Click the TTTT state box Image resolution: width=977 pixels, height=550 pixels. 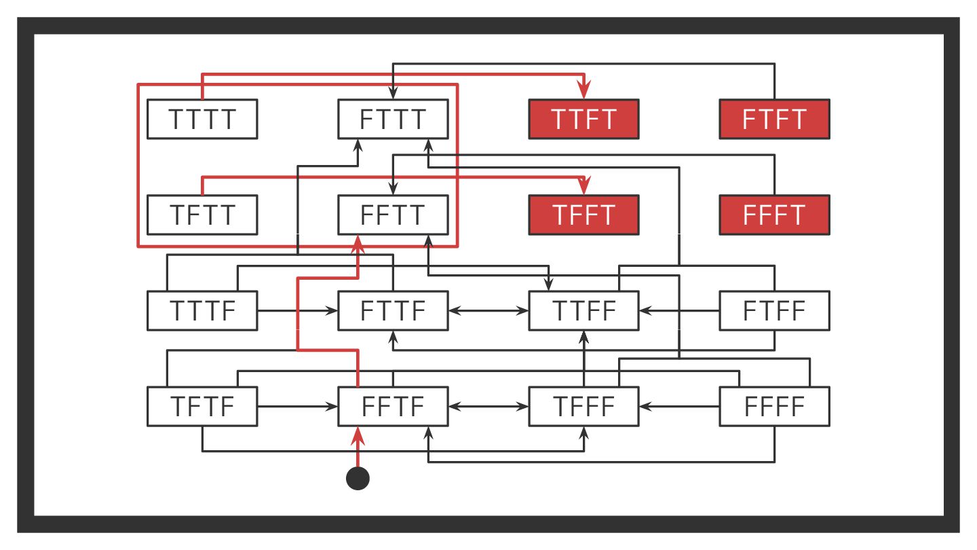pyautogui.click(x=202, y=119)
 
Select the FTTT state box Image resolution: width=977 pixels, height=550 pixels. pyautogui.click(x=393, y=119)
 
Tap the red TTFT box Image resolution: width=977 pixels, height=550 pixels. pyautogui.click(x=583, y=119)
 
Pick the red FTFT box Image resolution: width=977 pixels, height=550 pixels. pyautogui.click(x=774, y=119)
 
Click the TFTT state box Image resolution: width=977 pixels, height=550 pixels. pyautogui.click(x=202, y=215)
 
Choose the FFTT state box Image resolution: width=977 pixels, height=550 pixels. pyautogui.click(x=393, y=215)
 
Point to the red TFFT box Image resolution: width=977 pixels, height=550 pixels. pyautogui.click(x=583, y=215)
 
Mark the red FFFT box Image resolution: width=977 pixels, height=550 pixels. pyautogui.click(x=774, y=215)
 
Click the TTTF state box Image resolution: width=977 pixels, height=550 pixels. pyautogui.click(x=202, y=311)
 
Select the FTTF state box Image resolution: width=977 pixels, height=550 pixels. pyautogui.click(x=393, y=311)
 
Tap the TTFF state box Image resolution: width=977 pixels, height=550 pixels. pyautogui.click(x=583, y=311)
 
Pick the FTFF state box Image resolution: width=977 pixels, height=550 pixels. pyautogui.click(x=774, y=311)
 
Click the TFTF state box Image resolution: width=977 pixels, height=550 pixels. pyautogui.click(x=202, y=407)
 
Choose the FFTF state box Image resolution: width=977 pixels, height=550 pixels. pyautogui.click(x=393, y=407)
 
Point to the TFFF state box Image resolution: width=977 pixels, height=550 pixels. pyautogui.click(x=583, y=407)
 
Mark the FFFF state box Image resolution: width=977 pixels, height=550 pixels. pyautogui.click(x=774, y=407)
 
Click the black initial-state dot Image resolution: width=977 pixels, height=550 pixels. pyautogui.click(x=358, y=478)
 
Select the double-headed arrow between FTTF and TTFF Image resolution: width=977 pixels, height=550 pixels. pyautogui.click(x=488, y=311)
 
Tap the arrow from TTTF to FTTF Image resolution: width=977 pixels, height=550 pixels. pyautogui.click(x=297, y=311)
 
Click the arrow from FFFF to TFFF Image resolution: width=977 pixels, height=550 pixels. pyautogui.click(x=678, y=407)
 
